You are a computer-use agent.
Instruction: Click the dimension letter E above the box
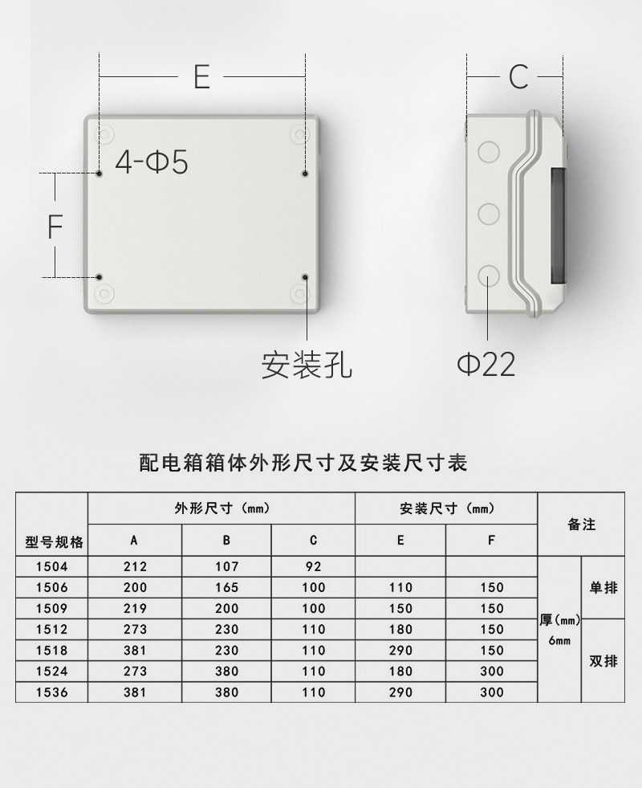tap(201, 76)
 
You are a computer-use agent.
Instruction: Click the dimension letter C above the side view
tap(518, 76)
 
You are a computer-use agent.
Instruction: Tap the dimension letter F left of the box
tap(55, 227)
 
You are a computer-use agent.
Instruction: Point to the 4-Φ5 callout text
tap(152, 163)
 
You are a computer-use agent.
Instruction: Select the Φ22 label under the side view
tap(486, 365)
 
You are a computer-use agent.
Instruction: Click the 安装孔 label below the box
tap(307, 365)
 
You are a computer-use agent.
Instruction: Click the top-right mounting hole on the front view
tap(305, 173)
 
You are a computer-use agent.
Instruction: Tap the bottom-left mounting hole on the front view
tap(100, 277)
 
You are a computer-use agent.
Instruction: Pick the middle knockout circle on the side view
tap(488, 214)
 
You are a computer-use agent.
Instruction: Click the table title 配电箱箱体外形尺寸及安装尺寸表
tap(303, 463)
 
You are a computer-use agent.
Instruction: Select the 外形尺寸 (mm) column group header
tap(221, 508)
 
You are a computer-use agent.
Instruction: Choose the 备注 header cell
tap(581, 525)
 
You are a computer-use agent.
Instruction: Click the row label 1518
tap(52, 651)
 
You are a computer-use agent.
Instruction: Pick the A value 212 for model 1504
tap(135, 567)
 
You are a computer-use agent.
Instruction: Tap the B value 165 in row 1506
tap(226, 588)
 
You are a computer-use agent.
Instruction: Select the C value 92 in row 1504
tap(313, 567)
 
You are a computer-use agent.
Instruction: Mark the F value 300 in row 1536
tap(491, 692)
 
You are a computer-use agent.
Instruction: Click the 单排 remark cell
tap(603, 588)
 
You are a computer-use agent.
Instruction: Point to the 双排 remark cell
tap(603, 661)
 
